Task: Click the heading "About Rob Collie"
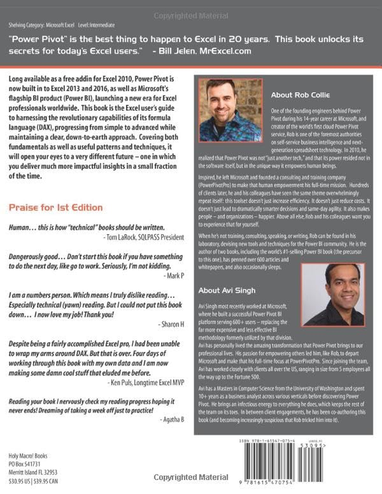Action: pos(302,95)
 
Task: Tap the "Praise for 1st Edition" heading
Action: pos(56,207)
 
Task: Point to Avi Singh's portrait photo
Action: pos(332,294)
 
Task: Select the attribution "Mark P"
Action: pos(173,276)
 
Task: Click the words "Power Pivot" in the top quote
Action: pos(41,39)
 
